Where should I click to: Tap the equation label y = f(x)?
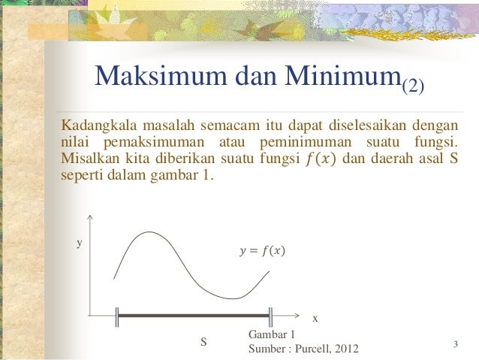pyautogui.click(x=261, y=250)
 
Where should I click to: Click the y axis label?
pyautogui.click(x=80, y=244)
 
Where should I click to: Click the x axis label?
pyautogui.click(x=315, y=319)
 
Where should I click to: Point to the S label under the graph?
pyautogui.click(x=203, y=343)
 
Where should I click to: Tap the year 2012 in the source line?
pyautogui.click(x=346, y=349)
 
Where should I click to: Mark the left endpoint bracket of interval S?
pyautogui.click(x=117, y=316)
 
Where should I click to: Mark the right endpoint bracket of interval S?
pyautogui.click(x=270, y=316)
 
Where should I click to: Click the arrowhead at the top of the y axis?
pyautogui.click(x=89, y=219)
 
